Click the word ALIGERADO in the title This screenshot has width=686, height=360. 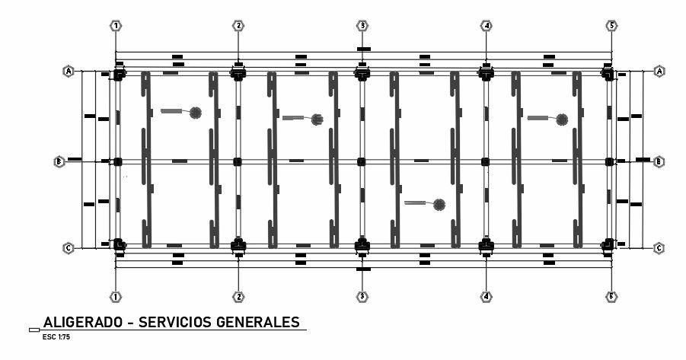[83, 322]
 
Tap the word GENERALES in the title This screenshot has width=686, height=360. [259, 322]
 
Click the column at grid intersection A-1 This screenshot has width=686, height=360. [118, 74]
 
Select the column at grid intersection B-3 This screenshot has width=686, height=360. [362, 161]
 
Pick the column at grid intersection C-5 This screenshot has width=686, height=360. [608, 245]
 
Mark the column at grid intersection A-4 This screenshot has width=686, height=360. [485, 74]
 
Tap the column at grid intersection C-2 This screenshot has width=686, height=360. [238, 245]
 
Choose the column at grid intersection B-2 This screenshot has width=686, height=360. [238, 161]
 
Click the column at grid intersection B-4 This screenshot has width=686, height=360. [485, 161]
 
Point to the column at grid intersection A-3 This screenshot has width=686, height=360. [362, 74]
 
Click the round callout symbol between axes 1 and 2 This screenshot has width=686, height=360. [196, 113]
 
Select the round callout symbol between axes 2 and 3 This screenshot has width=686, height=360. [317, 119]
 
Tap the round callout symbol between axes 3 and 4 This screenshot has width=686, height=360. [439, 204]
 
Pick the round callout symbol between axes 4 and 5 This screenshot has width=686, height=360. [562, 119]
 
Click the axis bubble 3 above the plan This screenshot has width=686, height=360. [363, 26]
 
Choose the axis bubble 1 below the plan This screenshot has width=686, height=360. [116, 297]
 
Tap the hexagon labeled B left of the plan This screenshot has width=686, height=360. [59, 161]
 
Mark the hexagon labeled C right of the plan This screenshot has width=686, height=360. [659, 248]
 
